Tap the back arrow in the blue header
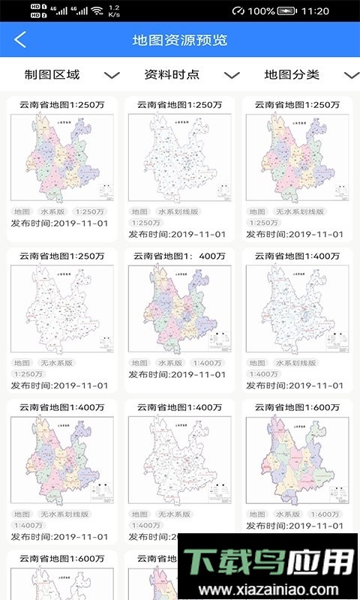pos(20,40)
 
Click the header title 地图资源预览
pos(180,40)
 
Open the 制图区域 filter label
pos(52,74)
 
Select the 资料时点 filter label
pos(172,74)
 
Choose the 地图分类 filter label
pos(292,74)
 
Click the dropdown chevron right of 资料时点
pos(232,75)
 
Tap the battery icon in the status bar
pos(287,11)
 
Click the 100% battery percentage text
pos(260,11)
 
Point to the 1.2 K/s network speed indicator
pos(114,11)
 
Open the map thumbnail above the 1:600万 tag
pos(298,459)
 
